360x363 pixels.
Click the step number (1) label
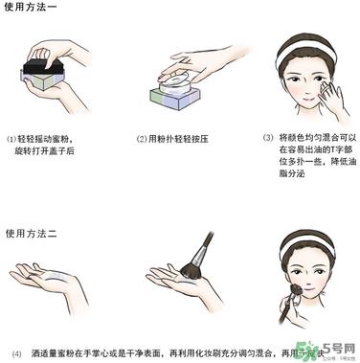pos(12,139)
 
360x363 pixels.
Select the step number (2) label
pos(140,139)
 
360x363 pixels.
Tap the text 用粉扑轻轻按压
pos(180,139)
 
